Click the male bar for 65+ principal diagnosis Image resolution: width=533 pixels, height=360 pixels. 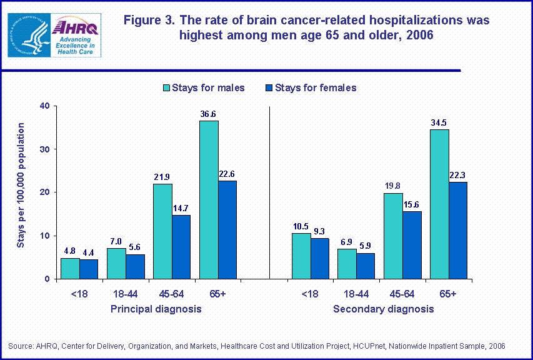pyautogui.click(x=209, y=199)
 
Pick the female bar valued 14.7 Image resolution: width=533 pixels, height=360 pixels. pyautogui.click(x=181, y=247)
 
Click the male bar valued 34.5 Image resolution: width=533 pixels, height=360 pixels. pyautogui.click(x=439, y=204)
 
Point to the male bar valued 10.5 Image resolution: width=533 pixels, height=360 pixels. pyautogui.click(x=301, y=256)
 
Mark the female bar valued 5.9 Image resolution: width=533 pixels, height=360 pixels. pyautogui.click(x=366, y=266)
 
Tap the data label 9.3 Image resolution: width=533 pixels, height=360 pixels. pyautogui.click(x=320, y=231)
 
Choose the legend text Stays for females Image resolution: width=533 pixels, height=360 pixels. pyautogui.click(x=316, y=87)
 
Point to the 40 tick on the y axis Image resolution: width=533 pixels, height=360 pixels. pyautogui.click(x=43, y=106)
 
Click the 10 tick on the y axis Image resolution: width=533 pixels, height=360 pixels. pyautogui.click(x=43, y=236)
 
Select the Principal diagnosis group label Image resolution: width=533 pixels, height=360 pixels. pyautogui.click(x=156, y=309)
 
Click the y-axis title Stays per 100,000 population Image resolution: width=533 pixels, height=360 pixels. pyautogui.click(x=21, y=184)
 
